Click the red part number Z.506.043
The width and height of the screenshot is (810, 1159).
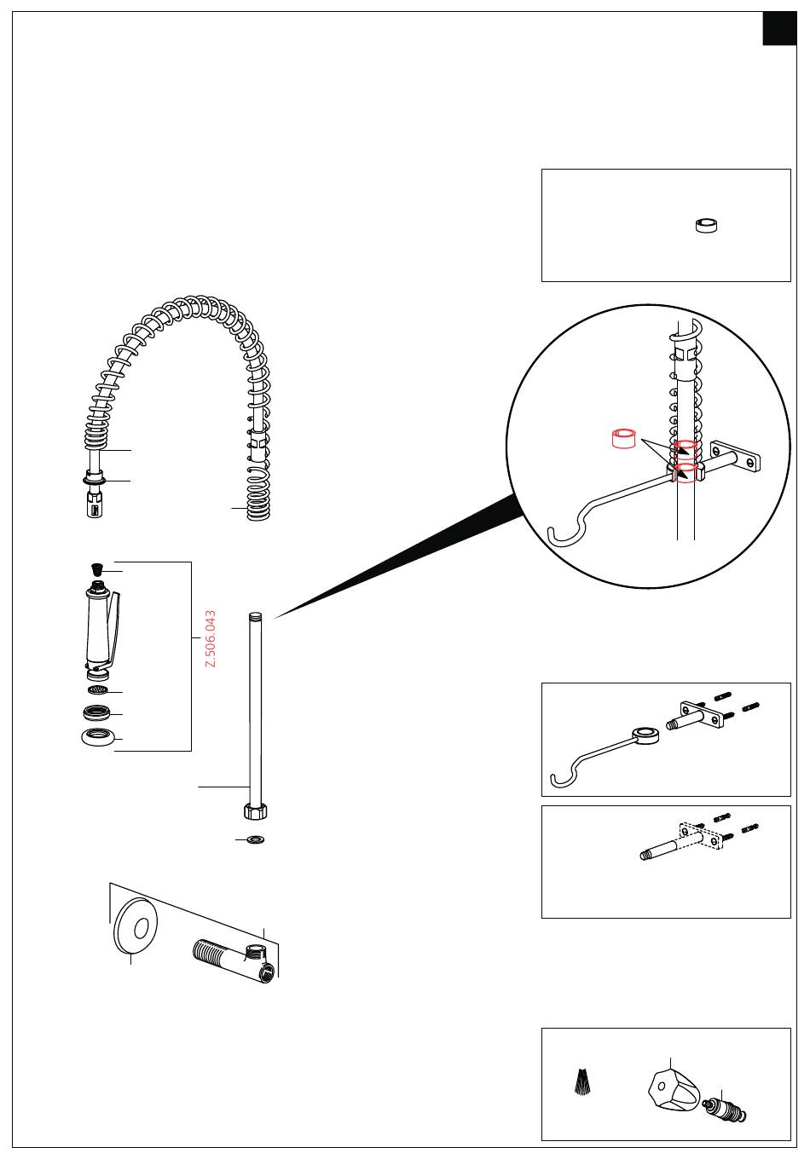[x=211, y=638]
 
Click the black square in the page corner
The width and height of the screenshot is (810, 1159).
[x=779, y=28]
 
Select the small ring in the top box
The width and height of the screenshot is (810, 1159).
[x=706, y=226]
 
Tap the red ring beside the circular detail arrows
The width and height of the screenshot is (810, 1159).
[x=624, y=439]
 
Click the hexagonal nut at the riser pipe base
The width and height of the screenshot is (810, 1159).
[x=255, y=810]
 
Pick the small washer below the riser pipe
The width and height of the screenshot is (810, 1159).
[x=255, y=839]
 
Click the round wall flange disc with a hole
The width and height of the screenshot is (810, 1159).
[x=136, y=929]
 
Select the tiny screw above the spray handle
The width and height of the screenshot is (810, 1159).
[x=95, y=569]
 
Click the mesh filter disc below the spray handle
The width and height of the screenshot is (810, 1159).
[x=98, y=689]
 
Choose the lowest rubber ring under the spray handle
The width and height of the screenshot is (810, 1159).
[x=97, y=737]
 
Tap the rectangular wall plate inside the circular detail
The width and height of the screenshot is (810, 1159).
[x=736, y=456]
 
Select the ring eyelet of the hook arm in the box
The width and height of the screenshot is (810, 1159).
[x=645, y=735]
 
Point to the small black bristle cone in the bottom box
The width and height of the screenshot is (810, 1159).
[x=581, y=1081]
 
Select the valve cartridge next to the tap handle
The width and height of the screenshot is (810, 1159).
[x=725, y=1109]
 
